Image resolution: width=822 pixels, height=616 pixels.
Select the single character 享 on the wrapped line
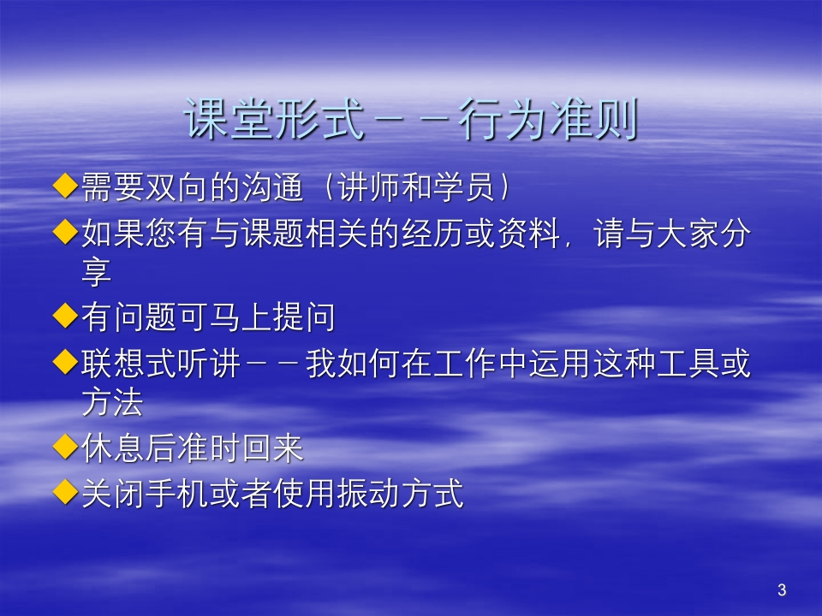[x=97, y=273]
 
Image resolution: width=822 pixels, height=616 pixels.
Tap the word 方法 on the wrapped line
[x=112, y=403]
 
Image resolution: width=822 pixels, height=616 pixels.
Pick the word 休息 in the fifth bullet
[x=112, y=448]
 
